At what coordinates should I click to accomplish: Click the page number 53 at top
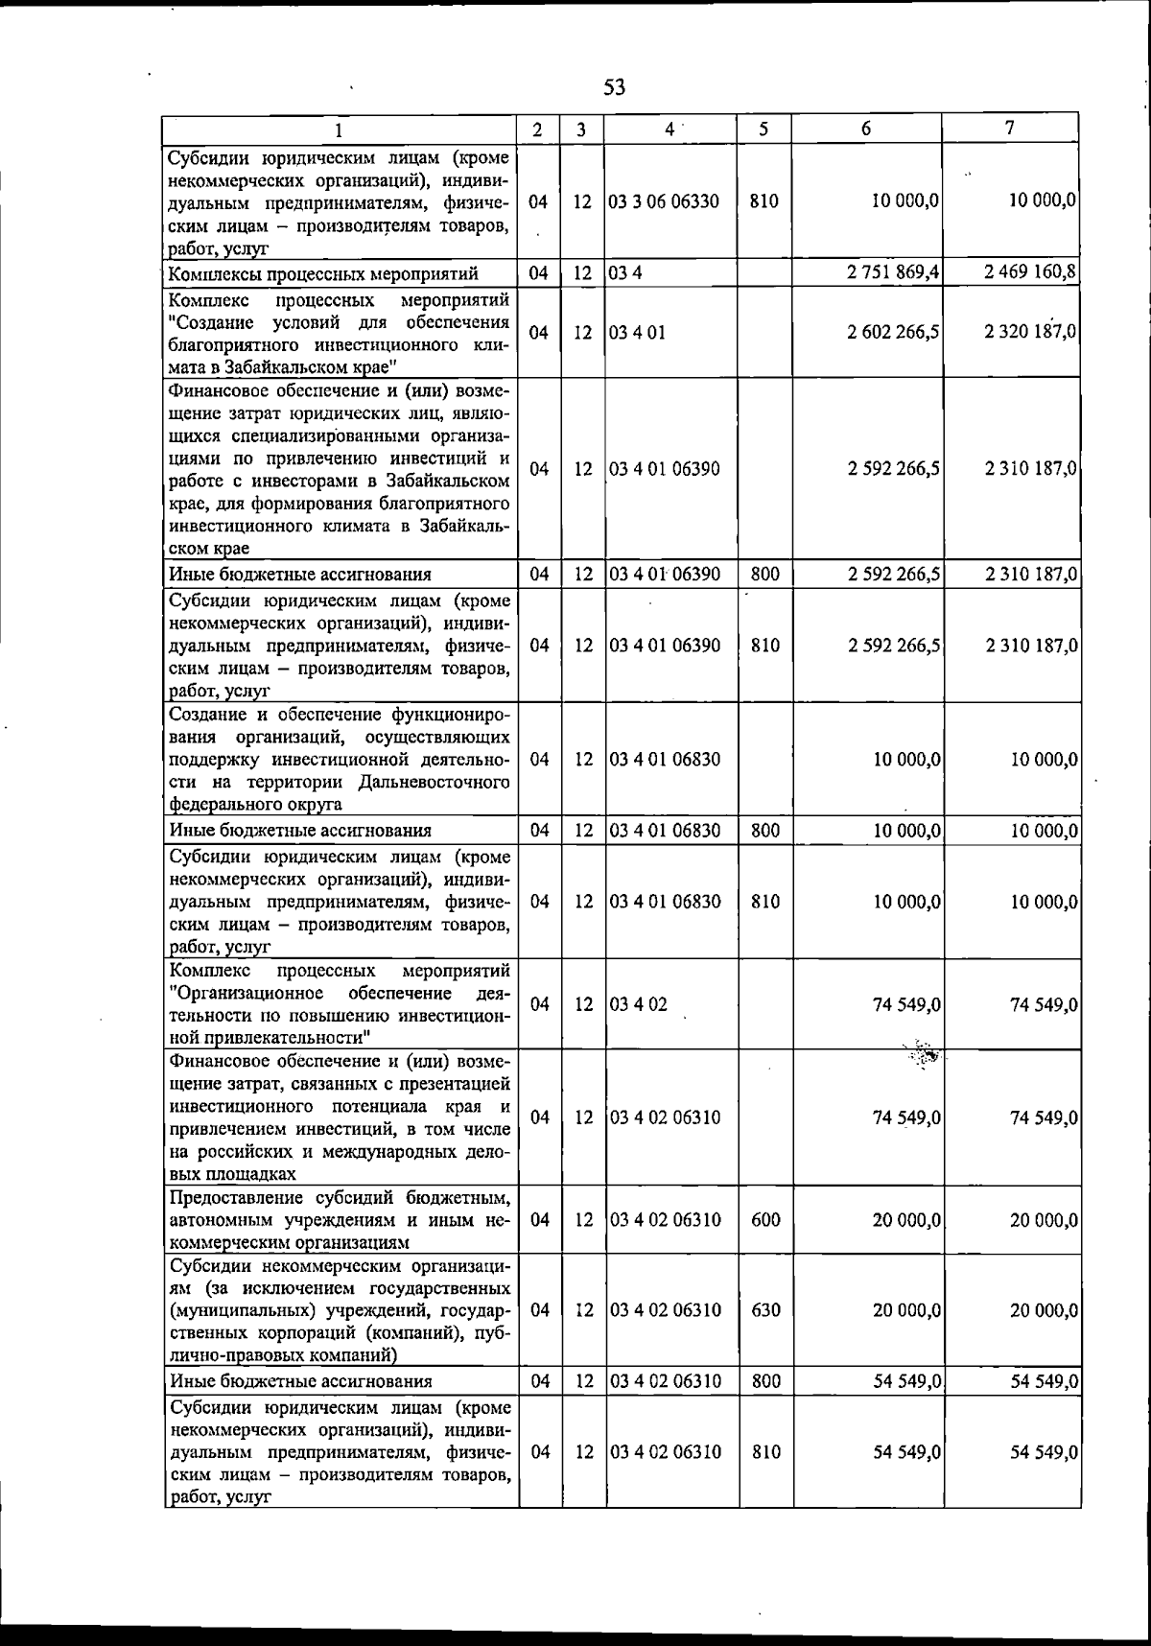click(615, 87)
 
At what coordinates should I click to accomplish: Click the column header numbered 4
click(670, 129)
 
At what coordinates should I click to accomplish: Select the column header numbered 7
click(1009, 128)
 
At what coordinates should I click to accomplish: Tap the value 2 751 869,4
click(893, 273)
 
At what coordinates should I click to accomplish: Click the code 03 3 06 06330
click(664, 201)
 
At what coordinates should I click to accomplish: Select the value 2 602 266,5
click(893, 332)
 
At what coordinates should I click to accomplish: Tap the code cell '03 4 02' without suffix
click(638, 1004)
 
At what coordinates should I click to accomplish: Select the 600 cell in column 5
click(765, 1220)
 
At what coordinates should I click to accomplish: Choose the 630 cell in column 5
click(765, 1310)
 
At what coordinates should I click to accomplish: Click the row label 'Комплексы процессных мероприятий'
click(323, 274)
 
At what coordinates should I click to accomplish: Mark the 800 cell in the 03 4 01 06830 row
click(765, 831)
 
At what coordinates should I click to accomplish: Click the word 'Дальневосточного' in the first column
click(434, 783)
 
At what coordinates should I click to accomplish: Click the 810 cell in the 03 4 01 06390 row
click(765, 646)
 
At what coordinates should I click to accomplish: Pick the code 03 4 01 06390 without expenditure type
click(664, 469)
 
